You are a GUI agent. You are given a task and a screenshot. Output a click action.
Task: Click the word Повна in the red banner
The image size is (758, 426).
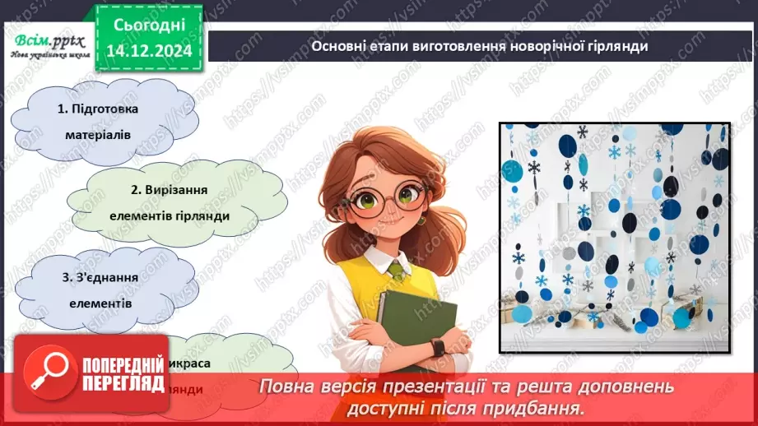point(289,387)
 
